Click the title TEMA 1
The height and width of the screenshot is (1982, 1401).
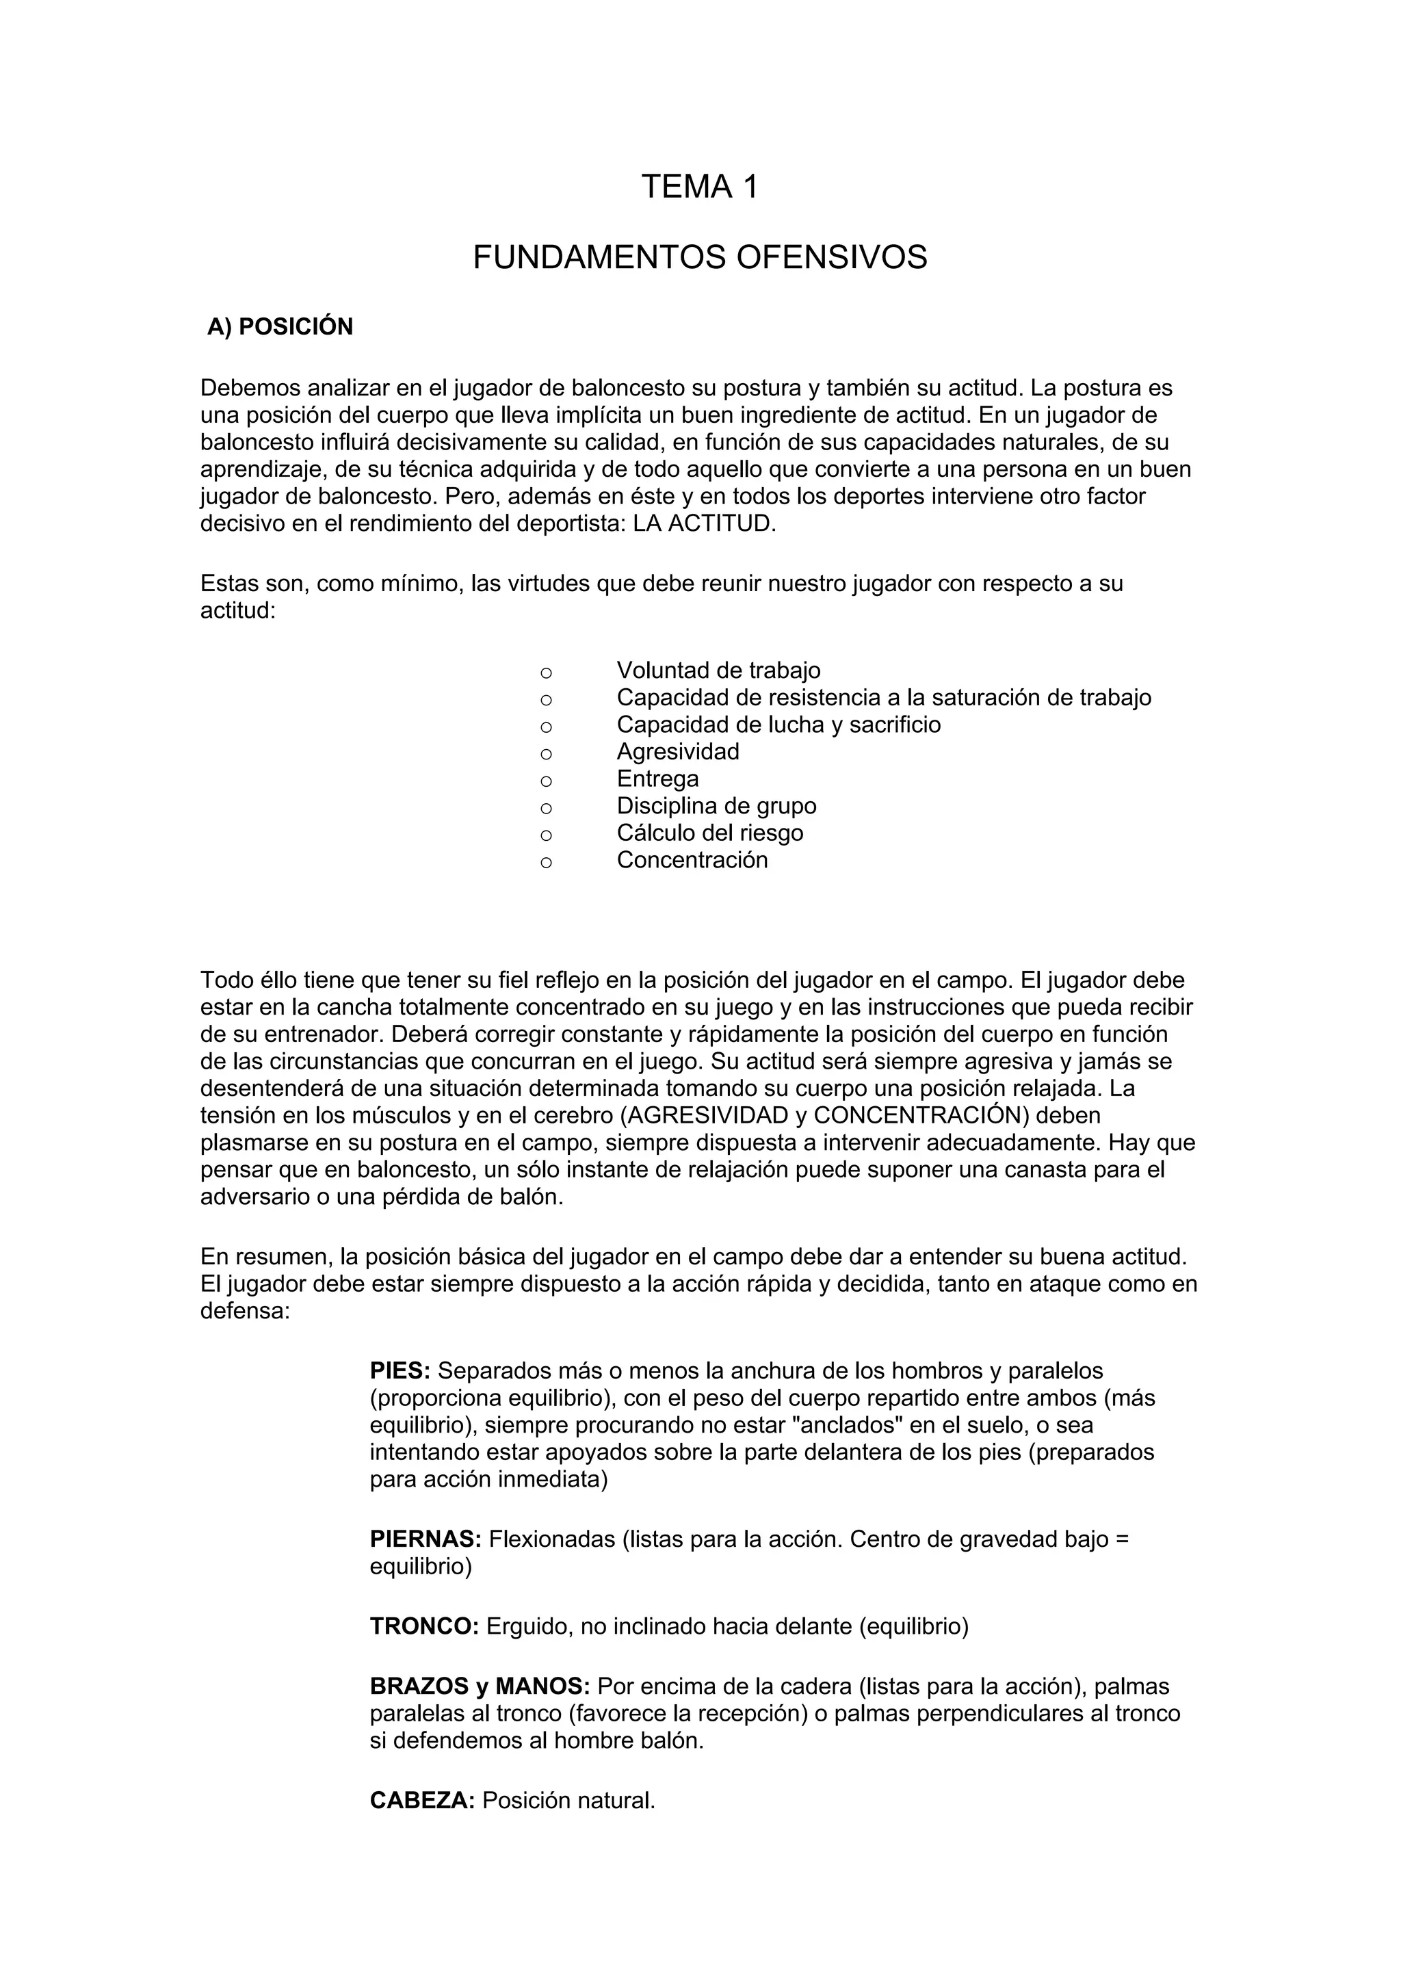[699, 187]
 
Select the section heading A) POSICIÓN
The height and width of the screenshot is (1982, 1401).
[280, 327]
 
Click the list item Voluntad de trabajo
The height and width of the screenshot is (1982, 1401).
[718, 670]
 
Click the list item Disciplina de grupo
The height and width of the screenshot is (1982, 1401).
[716, 806]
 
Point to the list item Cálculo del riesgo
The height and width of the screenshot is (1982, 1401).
[709, 833]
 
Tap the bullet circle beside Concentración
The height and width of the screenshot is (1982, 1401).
[545, 862]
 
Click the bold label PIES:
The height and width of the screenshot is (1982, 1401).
[400, 1371]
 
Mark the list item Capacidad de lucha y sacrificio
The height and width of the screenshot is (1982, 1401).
[778, 725]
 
